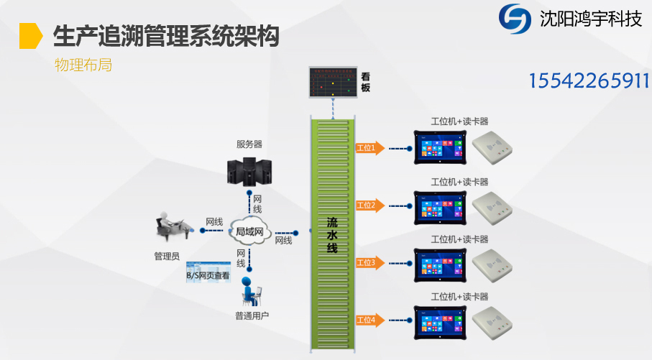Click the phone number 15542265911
click(x=589, y=80)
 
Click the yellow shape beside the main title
click(x=30, y=35)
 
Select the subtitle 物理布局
click(x=83, y=65)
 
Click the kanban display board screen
click(x=332, y=83)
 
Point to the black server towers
click(x=249, y=170)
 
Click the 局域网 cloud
click(x=250, y=231)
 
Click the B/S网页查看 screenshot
click(x=208, y=274)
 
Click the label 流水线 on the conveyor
click(x=332, y=234)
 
